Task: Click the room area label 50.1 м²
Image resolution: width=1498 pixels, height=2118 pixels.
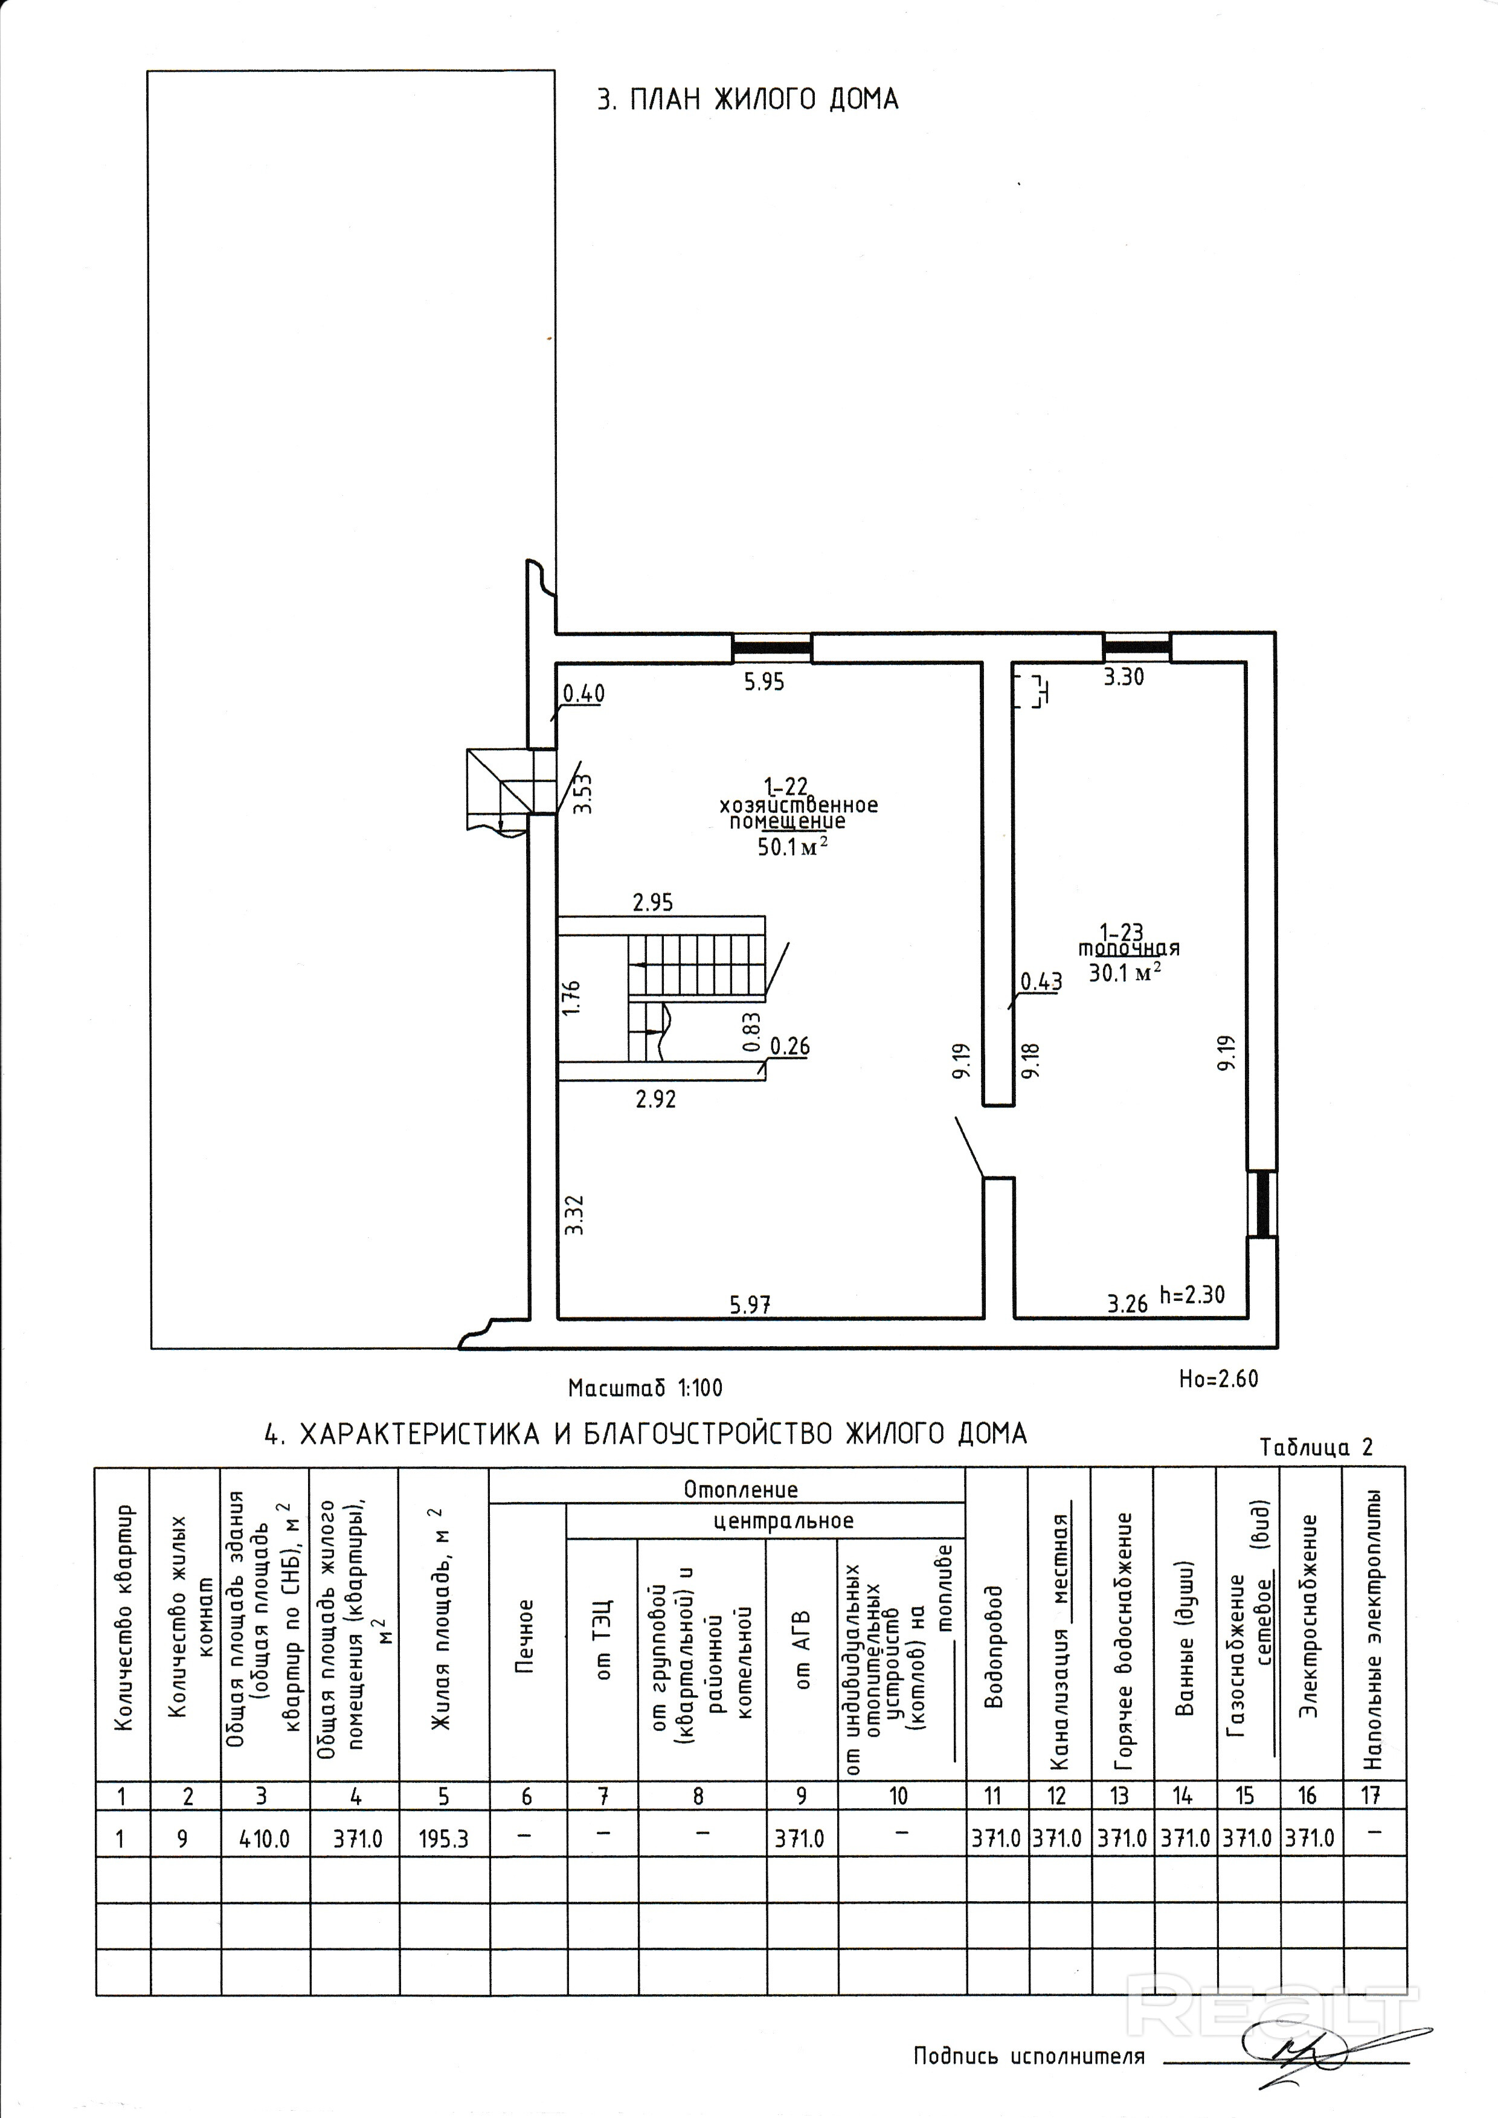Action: (x=791, y=846)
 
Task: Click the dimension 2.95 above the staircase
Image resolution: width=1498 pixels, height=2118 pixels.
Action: (x=652, y=902)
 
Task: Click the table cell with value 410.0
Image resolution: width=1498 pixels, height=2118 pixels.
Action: (x=265, y=1838)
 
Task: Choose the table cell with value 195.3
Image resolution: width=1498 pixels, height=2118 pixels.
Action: (x=444, y=1838)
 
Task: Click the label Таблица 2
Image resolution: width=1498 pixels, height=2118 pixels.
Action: (x=1316, y=1448)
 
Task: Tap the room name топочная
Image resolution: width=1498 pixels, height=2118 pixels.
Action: (x=1129, y=948)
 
